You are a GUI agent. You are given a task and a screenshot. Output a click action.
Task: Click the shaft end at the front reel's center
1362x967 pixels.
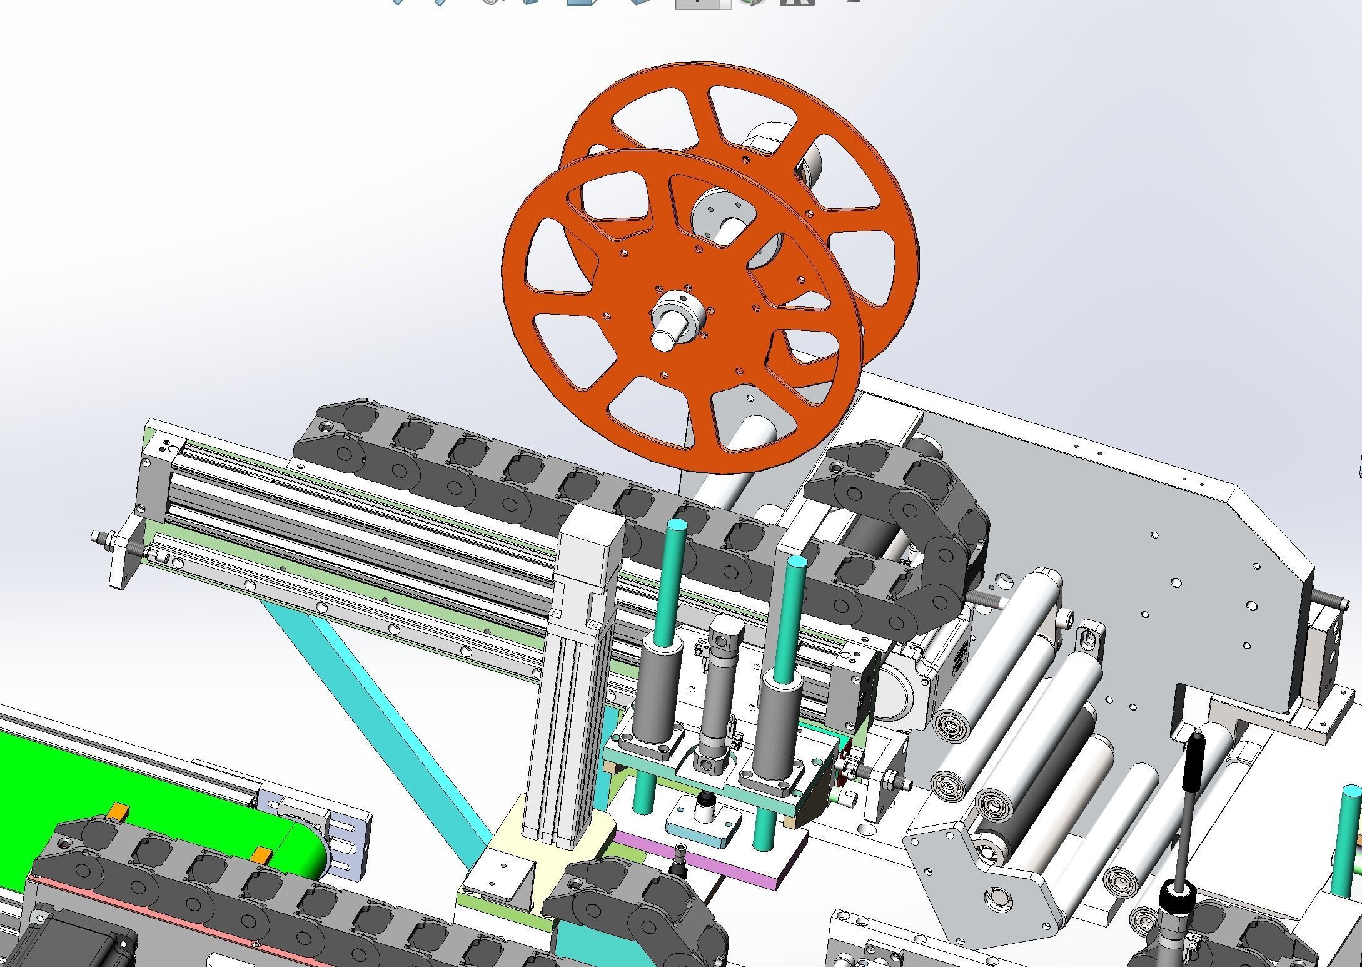pos(663,338)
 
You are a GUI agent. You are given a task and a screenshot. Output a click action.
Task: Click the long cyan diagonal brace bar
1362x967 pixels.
pos(375,701)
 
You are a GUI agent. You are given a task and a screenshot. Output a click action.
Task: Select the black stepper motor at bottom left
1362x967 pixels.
pos(75,944)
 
